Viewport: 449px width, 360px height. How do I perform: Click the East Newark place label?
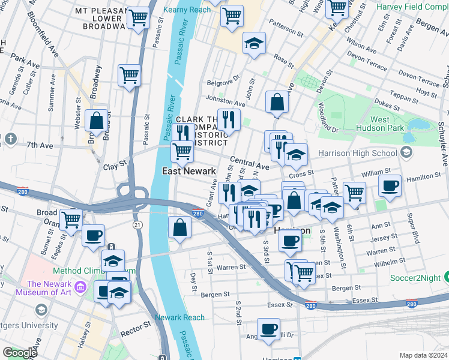(x=189, y=171)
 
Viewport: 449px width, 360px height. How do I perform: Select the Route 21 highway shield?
(x=137, y=224)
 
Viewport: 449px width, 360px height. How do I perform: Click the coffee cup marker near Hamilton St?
(x=390, y=186)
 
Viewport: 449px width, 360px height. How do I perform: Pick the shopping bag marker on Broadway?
(x=97, y=121)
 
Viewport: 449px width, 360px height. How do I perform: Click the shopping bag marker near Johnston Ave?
(x=276, y=103)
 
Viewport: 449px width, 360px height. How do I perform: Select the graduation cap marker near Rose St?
(x=254, y=43)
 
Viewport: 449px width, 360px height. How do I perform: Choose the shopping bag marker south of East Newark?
(x=180, y=227)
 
